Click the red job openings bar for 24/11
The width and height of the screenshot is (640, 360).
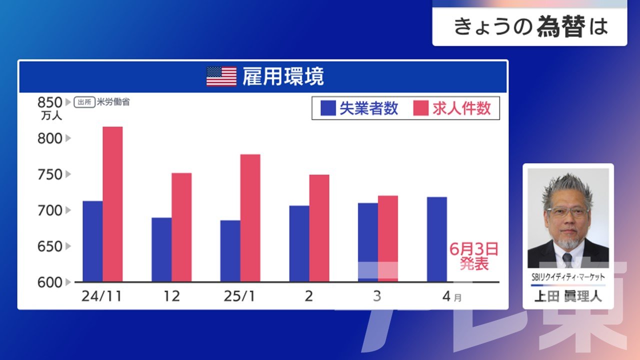pyautogui.click(x=112, y=204)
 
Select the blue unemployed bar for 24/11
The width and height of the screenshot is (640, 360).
pyautogui.click(x=92, y=241)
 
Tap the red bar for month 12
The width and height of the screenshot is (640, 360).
pyautogui.click(x=181, y=227)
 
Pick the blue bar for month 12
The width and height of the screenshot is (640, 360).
pyautogui.click(x=161, y=249)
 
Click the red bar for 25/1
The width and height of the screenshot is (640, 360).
pyautogui.click(x=250, y=218)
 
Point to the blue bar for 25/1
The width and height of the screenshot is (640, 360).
pyautogui.click(x=230, y=251)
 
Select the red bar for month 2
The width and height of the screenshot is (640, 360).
pyautogui.click(x=319, y=228)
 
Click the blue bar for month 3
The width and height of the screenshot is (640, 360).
pyautogui.click(x=368, y=242)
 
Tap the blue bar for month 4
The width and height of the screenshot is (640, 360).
pyautogui.click(x=437, y=239)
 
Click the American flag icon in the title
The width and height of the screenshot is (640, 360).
pyautogui.click(x=221, y=76)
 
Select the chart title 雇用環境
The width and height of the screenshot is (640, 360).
pyautogui.click(x=283, y=76)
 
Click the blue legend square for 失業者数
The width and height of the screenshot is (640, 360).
pyautogui.click(x=328, y=108)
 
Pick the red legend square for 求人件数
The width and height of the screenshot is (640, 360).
pyautogui.click(x=421, y=108)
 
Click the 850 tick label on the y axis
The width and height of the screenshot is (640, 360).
pyautogui.click(x=49, y=102)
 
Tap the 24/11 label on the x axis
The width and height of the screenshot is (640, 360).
pyautogui.click(x=101, y=296)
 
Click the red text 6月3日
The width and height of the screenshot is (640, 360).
pyautogui.click(x=474, y=249)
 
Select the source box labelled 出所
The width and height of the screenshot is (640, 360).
pyautogui.click(x=84, y=102)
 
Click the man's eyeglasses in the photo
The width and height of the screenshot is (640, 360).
pyautogui.click(x=567, y=211)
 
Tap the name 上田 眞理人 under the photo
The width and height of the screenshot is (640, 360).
pyautogui.click(x=568, y=296)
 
